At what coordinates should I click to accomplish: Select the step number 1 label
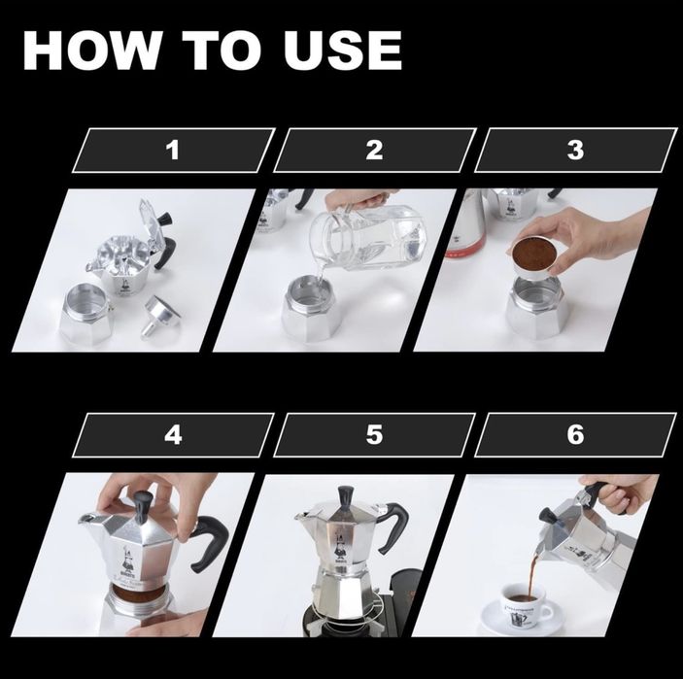pyautogui.click(x=173, y=151)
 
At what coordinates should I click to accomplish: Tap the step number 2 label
pyautogui.click(x=374, y=151)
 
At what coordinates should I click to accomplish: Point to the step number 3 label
pyautogui.click(x=575, y=151)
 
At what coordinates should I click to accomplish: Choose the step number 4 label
pyautogui.click(x=173, y=434)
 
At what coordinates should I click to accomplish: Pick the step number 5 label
pyautogui.click(x=374, y=434)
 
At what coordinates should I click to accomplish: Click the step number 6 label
pyautogui.click(x=575, y=434)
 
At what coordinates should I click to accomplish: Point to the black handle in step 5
pyautogui.click(x=395, y=529)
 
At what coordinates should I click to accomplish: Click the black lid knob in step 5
pyautogui.click(x=345, y=496)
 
